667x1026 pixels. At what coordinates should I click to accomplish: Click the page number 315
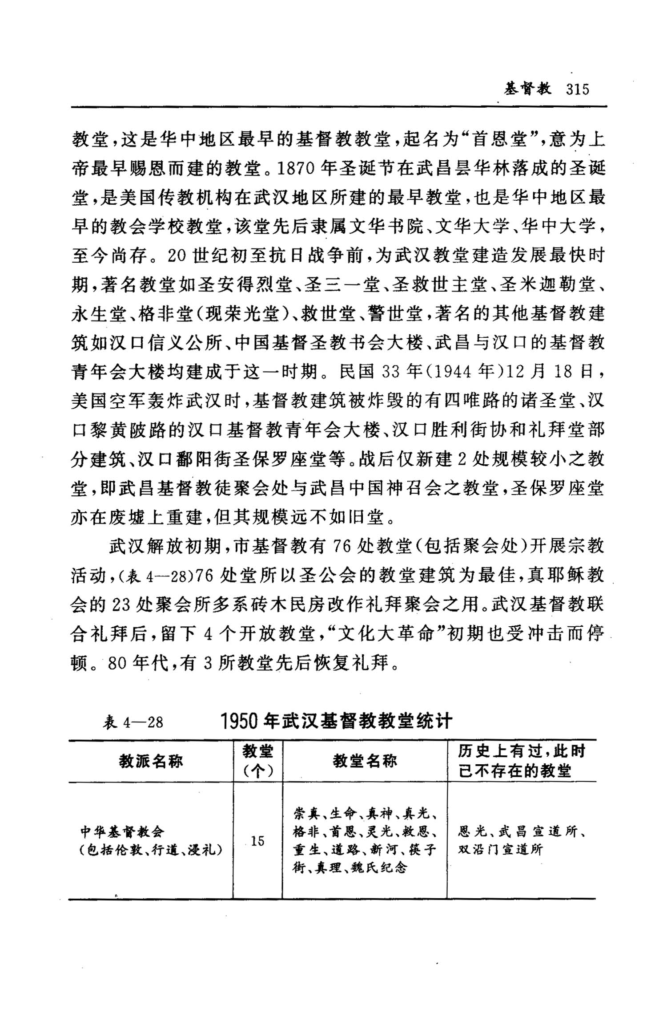(578, 89)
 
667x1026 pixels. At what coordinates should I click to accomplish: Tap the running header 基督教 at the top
(527, 89)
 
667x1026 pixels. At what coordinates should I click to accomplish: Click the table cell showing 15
(257, 841)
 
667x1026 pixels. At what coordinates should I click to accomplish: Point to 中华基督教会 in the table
(122, 831)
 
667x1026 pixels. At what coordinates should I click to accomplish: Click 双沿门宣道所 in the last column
(500, 850)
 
